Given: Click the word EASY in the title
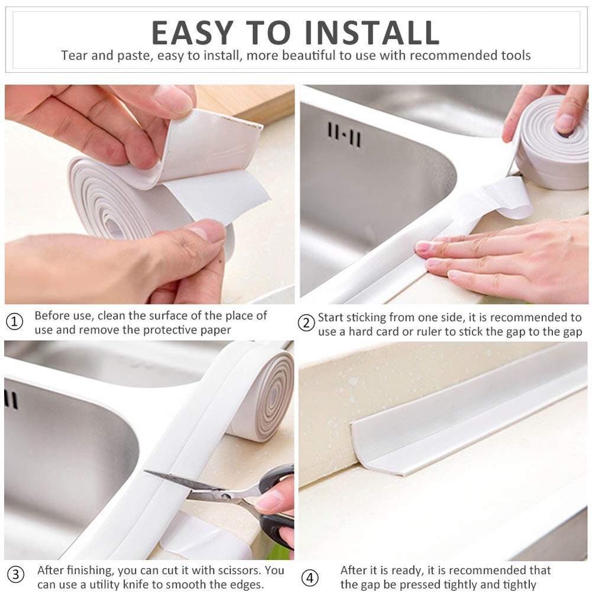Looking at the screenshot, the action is click(x=193, y=33).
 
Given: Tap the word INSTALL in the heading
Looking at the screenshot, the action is click(x=372, y=33).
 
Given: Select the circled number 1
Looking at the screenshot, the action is click(x=15, y=322).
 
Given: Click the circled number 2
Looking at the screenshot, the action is click(x=306, y=323).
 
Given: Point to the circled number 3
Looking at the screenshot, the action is click(x=15, y=575).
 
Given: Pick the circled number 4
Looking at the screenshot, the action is click(x=309, y=578).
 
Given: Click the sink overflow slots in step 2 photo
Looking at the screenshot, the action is click(x=344, y=135).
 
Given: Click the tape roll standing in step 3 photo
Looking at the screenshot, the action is click(x=260, y=394).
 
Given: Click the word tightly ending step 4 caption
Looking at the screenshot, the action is click(x=518, y=584).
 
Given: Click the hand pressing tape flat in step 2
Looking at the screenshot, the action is click(x=502, y=257).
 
